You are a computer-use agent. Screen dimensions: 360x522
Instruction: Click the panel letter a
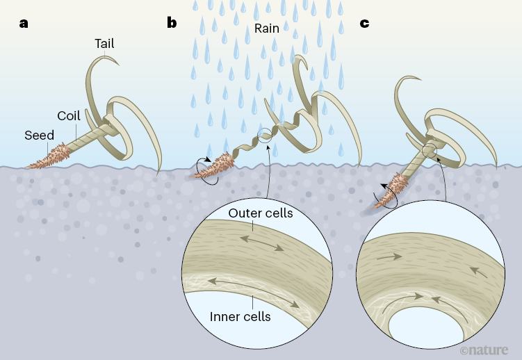pos(24,23)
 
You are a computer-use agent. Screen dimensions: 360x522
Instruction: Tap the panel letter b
pos(172,23)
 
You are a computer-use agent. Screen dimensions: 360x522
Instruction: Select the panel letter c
pos(364,23)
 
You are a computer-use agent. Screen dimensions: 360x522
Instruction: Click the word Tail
pos(104,44)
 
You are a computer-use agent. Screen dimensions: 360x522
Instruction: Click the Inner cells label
pos(239,317)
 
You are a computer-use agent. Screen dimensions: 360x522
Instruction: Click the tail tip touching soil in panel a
pos(159,167)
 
